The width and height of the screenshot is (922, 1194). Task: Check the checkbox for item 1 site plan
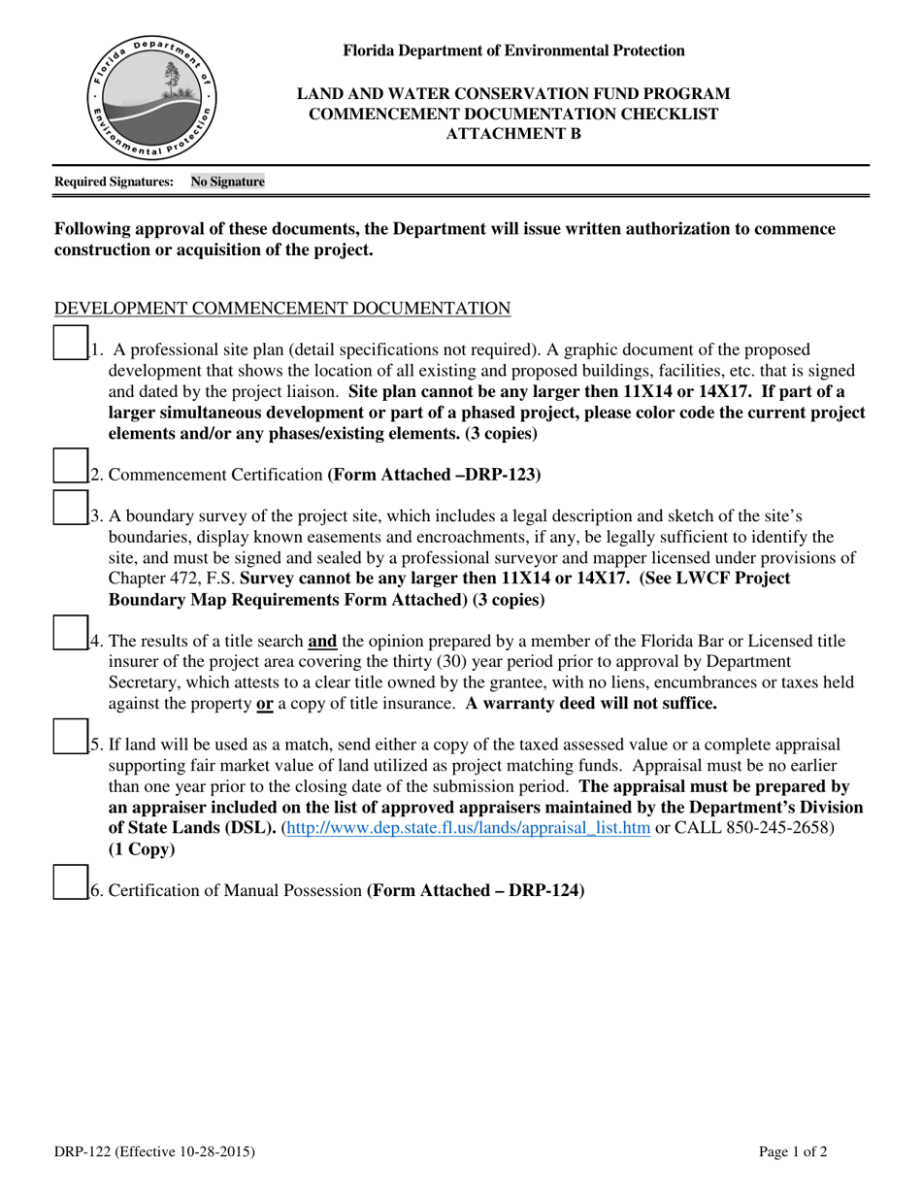coord(70,344)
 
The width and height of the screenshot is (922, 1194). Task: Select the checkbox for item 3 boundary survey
coord(70,508)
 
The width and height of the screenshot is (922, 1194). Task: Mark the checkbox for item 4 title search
coord(70,633)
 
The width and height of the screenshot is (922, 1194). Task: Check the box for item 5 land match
coord(70,737)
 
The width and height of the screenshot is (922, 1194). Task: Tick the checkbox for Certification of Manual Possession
coord(70,882)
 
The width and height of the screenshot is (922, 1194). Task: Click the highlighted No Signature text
coord(227,182)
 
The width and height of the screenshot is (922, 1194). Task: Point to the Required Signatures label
coord(115,182)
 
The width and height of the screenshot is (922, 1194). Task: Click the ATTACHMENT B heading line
coord(513,134)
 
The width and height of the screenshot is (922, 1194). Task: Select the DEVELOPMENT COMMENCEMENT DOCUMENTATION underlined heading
coord(282,309)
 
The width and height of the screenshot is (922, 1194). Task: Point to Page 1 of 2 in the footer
coord(793,1152)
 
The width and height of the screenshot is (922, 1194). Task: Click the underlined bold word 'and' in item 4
coord(322,641)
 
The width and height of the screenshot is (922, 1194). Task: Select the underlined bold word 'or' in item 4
coord(264,704)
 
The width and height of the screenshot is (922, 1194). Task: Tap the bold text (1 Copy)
coord(142,849)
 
